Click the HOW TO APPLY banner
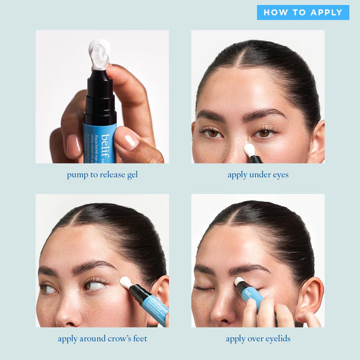303,12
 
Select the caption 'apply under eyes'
257,174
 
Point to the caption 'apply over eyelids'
257,338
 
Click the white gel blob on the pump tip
99,53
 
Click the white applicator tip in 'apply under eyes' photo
249,149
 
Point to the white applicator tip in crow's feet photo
126,283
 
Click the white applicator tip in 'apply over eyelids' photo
239,281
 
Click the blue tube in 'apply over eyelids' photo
252,297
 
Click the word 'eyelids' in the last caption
276,338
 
